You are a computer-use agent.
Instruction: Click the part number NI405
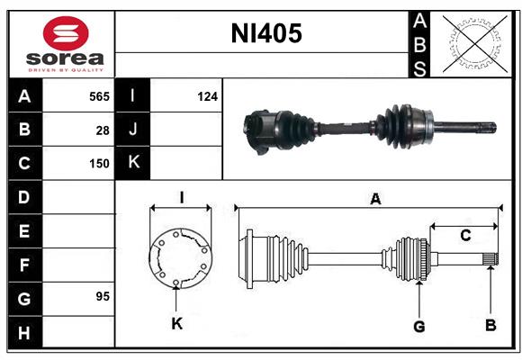[x=266, y=35]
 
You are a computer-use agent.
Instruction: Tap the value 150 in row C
[x=99, y=164]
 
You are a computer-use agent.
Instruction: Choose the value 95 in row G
[x=103, y=296]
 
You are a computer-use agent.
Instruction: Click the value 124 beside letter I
[x=207, y=95]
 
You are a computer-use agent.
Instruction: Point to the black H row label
[x=23, y=333]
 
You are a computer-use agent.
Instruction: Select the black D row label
[x=23, y=197]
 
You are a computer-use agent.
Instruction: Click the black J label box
[x=132, y=130]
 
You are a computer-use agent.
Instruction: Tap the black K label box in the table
[x=132, y=163]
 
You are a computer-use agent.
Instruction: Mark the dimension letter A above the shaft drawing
[x=375, y=200]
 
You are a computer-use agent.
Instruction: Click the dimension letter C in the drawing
[x=465, y=236]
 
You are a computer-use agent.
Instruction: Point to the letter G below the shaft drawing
[x=418, y=326]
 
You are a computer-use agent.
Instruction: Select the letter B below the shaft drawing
[x=490, y=324]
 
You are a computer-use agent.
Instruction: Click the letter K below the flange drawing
[x=177, y=323]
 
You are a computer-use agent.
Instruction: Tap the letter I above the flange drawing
[x=181, y=198]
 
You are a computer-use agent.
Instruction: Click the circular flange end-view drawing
[x=179, y=258]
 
